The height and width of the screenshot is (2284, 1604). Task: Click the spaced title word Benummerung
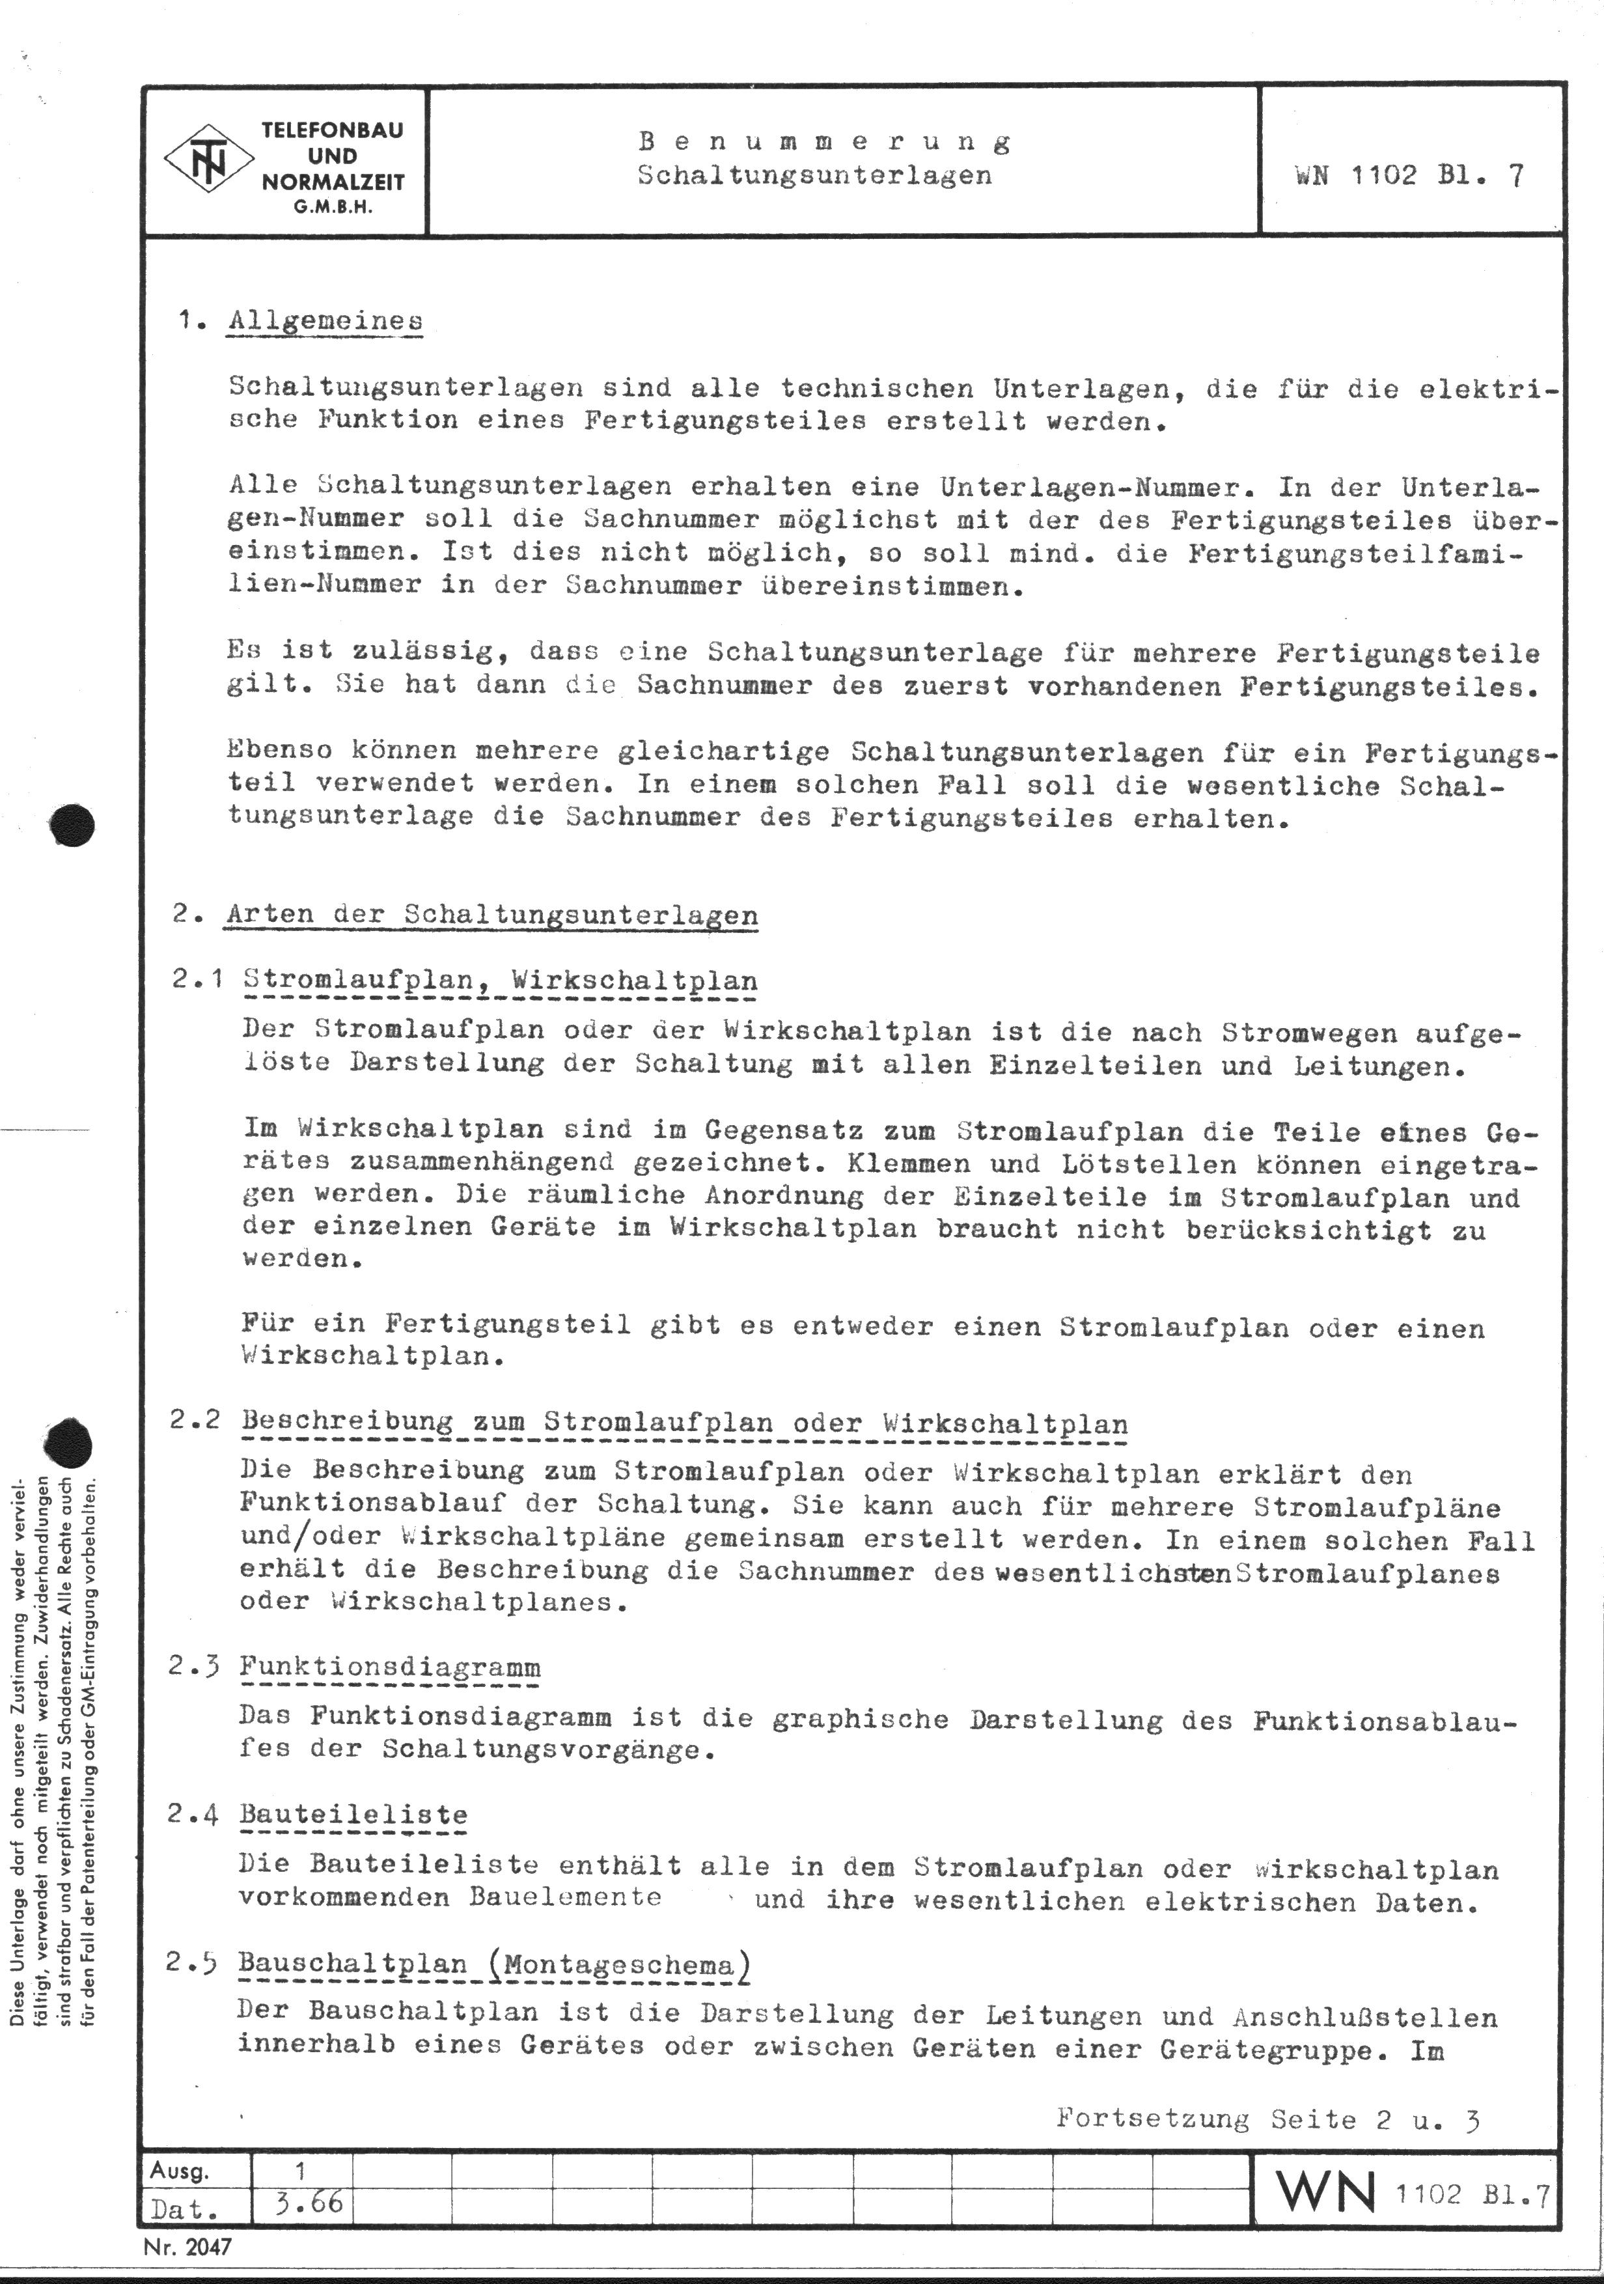[x=824, y=141]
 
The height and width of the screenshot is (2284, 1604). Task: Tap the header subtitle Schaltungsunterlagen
[x=814, y=175]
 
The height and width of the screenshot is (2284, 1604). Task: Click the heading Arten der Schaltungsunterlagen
[x=491, y=914]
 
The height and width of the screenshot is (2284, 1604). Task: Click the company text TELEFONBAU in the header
[x=332, y=130]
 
